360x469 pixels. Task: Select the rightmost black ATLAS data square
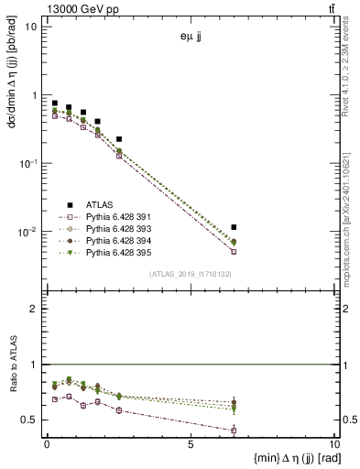click(x=234, y=226)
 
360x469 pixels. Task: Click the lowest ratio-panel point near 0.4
click(x=234, y=430)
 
